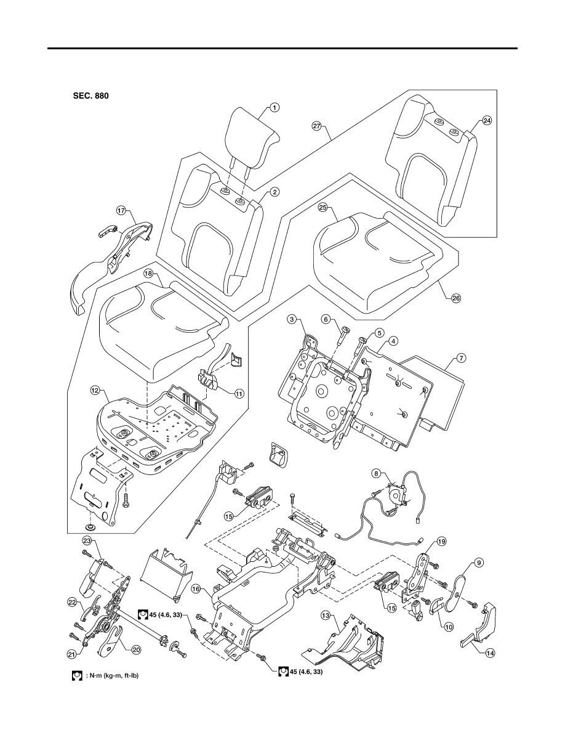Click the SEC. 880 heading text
(91, 96)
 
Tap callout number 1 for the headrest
(275, 108)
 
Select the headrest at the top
(252, 136)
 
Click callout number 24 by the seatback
(487, 120)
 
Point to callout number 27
(317, 126)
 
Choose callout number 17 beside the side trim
(121, 211)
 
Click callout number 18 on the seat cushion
(148, 274)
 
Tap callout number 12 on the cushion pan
(95, 389)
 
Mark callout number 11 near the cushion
(239, 394)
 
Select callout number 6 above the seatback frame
(326, 319)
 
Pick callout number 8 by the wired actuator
(375, 473)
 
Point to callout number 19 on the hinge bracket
(441, 542)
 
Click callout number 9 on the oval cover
(478, 563)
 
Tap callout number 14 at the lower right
(489, 653)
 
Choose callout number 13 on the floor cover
(326, 616)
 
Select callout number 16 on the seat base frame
(196, 590)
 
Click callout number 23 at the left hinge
(86, 541)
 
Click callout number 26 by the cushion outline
(457, 298)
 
